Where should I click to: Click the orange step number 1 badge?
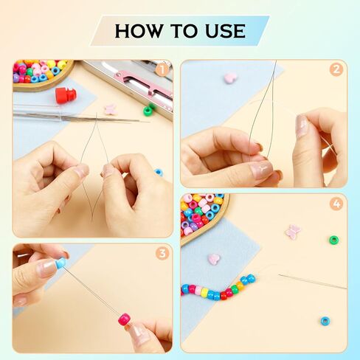[x=162, y=70]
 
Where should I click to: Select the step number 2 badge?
[x=336, y=70]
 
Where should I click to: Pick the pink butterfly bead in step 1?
[x=110, y=109]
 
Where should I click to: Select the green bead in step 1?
[x=148, y=111]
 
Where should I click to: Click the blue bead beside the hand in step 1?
[x=159, y=172]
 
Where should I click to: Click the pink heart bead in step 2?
[x=230, y=77]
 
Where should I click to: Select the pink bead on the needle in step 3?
[x=124, y=319]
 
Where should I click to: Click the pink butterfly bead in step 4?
[x=293, y=231]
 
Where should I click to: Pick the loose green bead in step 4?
[x=333, y=240]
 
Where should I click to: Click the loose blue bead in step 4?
[x=325, y=321]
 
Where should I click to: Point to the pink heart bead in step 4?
[x=213, y=259]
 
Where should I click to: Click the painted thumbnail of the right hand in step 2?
[x=301, y=126]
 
